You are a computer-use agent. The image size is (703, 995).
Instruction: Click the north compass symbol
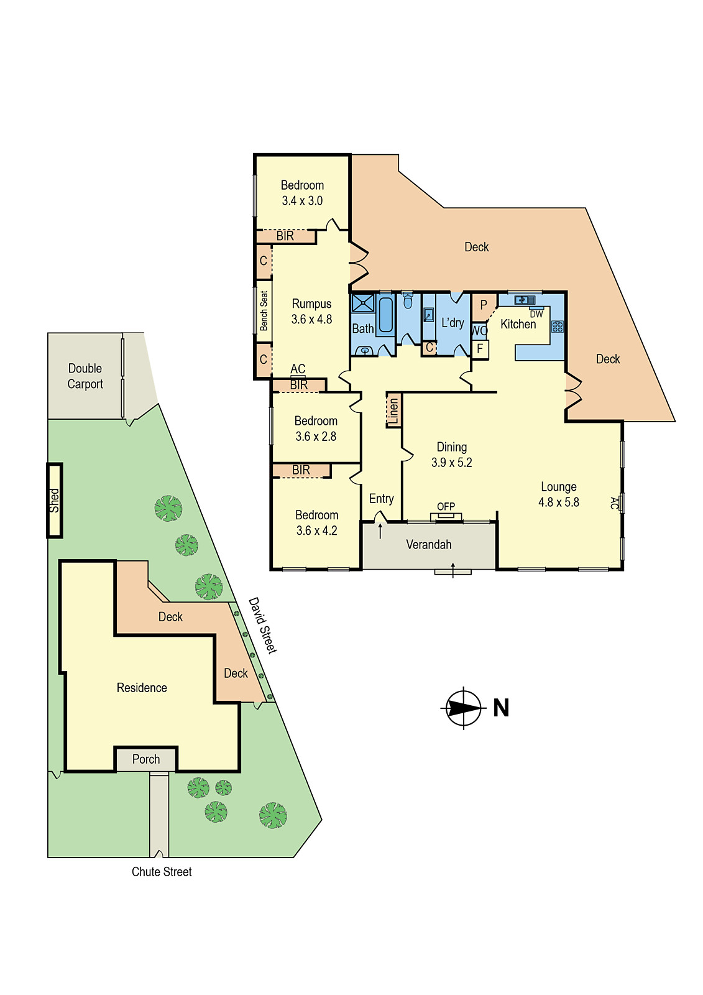(x=464, y=708)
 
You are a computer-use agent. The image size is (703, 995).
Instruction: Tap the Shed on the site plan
(x=55, y=501)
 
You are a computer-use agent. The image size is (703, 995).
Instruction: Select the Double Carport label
(x=85, y=376)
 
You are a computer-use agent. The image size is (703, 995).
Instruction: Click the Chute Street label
(x=162, y=872)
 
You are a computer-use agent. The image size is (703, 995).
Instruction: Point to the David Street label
(x=262, y=625)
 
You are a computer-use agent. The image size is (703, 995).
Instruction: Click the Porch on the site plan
(x=146, y=759)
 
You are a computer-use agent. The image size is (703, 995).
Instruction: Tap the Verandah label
(x=429, y=545)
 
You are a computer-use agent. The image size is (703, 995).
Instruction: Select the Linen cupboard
(x=393, y=410)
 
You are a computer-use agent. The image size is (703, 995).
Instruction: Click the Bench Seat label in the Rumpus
(x=264, y=310)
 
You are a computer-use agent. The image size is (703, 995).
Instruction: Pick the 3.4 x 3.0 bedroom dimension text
(x=302, y=201)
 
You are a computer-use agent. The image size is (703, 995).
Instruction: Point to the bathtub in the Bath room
(x=385, y=315)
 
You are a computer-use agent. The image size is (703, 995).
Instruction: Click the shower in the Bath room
(x=362, y=303)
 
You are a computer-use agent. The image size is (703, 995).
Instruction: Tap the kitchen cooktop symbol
(x=557, y=326)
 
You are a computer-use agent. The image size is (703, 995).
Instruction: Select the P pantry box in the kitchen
(x=484, y=305)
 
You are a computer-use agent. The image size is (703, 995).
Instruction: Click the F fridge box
(x=480, y=349)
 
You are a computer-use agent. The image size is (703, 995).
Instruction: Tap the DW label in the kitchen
(x=536, y=314)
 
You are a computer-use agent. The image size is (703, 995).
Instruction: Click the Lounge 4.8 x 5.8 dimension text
(x=558, y=502)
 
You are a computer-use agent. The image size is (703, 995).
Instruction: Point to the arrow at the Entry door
(x=380, y=530)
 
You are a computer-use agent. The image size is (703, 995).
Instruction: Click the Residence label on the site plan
(x=142, y=688)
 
